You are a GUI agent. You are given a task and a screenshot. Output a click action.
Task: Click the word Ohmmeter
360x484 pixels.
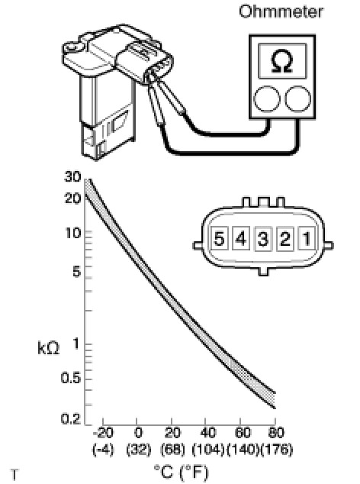[x=281, y=11]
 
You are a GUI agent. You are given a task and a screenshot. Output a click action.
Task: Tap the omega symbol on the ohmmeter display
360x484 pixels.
[x=282, y=61]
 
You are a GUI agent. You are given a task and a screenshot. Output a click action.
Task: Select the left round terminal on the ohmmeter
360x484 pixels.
[x=267, y=98]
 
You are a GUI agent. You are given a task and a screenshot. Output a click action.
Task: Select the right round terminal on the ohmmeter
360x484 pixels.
[x=297, y=98]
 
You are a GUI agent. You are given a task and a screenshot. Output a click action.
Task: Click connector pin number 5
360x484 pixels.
[x=219, y=238]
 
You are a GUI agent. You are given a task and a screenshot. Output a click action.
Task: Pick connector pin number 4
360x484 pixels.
[x=241, y=238]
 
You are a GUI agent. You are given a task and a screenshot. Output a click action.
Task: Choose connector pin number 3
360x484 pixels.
[x=263, y=239]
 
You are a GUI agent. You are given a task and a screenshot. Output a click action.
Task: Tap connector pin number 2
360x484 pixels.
[x=284, y=238]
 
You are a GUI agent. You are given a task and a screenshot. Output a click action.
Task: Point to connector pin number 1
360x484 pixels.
[x=307, y=238]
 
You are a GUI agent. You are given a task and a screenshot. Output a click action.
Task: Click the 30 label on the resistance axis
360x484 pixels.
[x=72, y=176]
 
